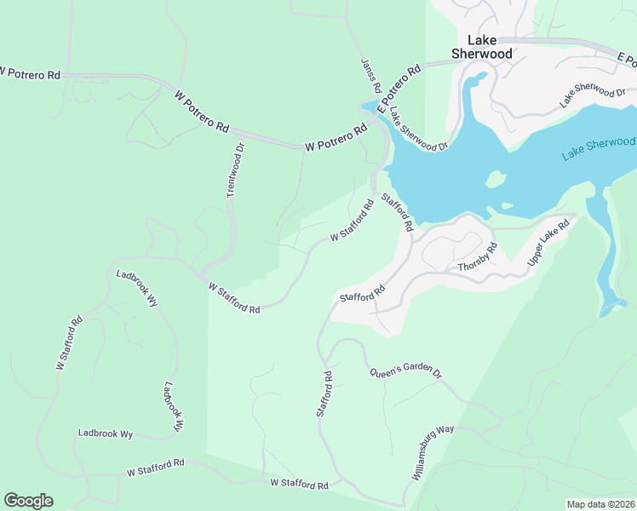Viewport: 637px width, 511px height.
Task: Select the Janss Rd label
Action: click(x=370, y=77)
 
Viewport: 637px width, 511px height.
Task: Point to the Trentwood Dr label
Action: click(x=236, y=170)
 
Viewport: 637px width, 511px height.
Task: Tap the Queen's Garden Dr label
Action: click(x=405, y=373)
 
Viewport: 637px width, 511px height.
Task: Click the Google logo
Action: click(x=28, y=501)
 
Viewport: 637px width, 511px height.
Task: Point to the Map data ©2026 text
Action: click(x=600, y=503)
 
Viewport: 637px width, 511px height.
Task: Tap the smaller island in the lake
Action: click(x=508, y=205)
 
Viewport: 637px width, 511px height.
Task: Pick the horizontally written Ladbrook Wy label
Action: click(x=106, y=433)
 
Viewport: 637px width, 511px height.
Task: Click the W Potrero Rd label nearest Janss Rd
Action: click(x=335, y=137)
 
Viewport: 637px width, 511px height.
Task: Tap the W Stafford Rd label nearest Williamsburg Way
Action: click(x=299, y=484)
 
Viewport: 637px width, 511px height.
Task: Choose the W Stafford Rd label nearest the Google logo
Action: click(x=156, y=467)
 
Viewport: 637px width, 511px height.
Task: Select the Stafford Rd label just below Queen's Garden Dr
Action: click(x=324, y=393)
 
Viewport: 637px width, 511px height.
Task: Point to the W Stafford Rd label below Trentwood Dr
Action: click(x=234, y=298)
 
